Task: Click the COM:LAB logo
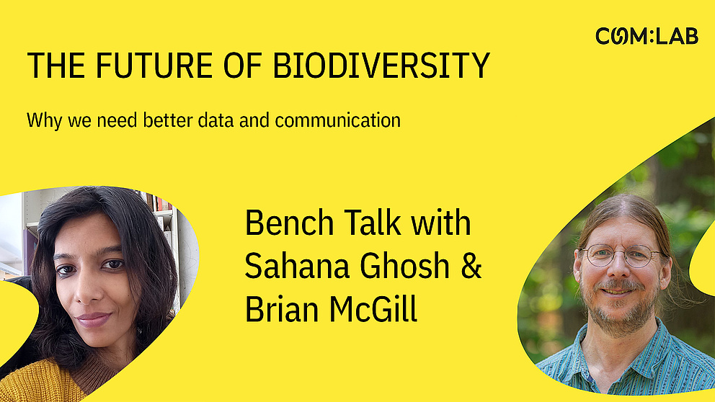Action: coord(647,36)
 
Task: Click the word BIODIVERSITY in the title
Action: coord(381,66)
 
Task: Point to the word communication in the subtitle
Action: coord(337,120)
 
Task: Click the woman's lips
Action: coord(93,318)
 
